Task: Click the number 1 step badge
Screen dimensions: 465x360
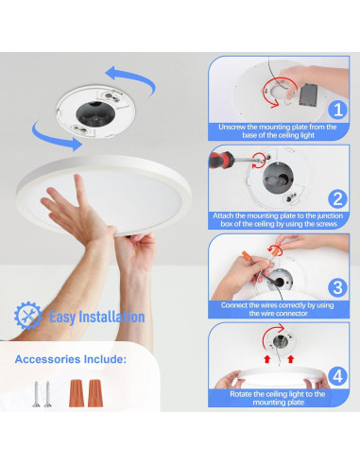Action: click(x=337, y=109)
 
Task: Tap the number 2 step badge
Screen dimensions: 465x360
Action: click(x=337, y=198)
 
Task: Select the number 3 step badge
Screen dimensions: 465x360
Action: click(x=337, y=286)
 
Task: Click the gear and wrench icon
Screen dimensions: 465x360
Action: click(x=29, y=316)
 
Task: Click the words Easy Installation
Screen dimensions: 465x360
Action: click(x=96, y=317)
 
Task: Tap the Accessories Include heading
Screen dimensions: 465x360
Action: click(x=70, y=359)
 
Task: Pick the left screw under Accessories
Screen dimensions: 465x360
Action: click(x=35, y=391)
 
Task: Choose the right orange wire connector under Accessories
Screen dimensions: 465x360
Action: click(x=96, y=390)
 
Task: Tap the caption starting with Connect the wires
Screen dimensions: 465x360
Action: click(x=277, y=308)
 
